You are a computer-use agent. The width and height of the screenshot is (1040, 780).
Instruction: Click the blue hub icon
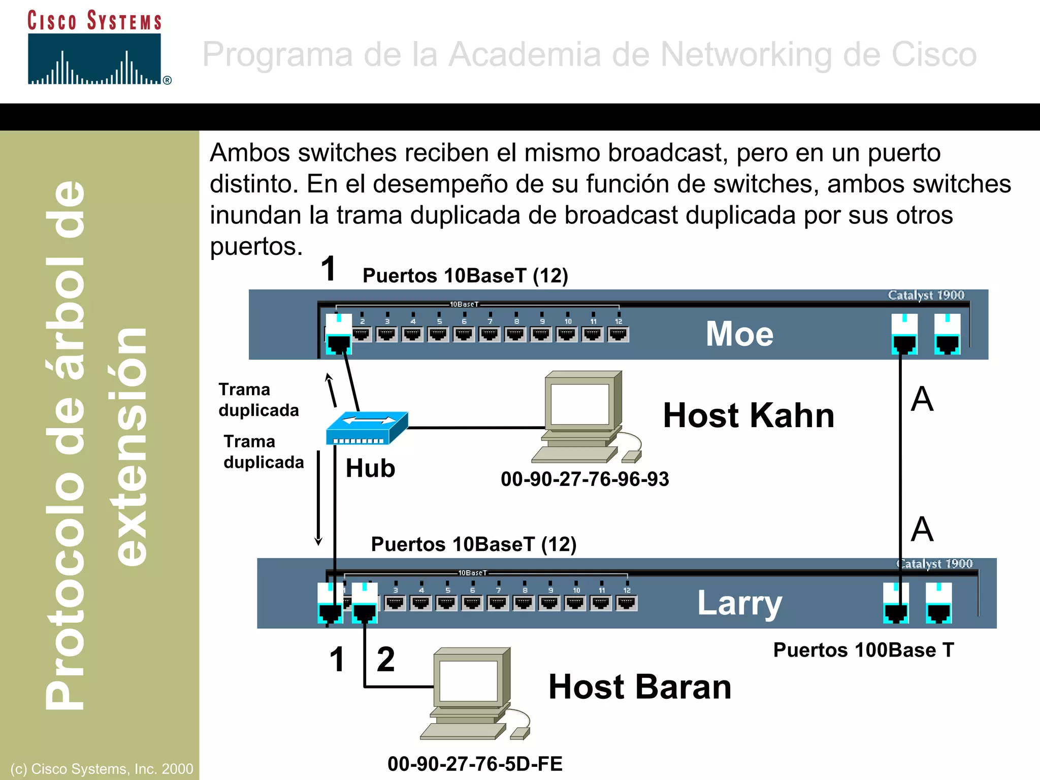click(366, 428)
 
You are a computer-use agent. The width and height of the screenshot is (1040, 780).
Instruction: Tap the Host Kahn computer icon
click(584, 416)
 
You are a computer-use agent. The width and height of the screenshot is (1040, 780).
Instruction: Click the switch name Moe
click(739, 334)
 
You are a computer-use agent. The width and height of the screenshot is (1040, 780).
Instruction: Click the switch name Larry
click(739, 603)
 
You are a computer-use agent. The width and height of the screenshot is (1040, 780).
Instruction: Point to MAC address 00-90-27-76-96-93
click(584, 479)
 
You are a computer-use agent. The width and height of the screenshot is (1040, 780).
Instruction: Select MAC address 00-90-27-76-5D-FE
click(475, 764)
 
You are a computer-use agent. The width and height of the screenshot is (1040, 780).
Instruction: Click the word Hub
click(370, 468)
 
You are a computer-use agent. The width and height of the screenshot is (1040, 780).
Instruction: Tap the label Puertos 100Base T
click(863, 650)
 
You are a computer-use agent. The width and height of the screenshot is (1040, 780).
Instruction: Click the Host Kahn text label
click(749, 416)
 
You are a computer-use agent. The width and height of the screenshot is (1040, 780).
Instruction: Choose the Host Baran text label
click(640, 687)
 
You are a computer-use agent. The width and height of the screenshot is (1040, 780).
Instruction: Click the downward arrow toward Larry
click(318, 498)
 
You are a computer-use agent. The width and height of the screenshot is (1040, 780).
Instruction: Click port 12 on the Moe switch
click(618, 334)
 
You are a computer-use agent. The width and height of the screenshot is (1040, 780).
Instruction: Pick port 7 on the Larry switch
click(498, 602)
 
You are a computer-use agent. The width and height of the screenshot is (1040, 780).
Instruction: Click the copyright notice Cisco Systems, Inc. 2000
click(102, 769)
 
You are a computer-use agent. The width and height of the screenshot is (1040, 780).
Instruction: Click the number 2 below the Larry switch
click(385, 659)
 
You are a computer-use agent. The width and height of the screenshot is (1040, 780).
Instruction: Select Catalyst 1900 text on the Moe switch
click(926, 295)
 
